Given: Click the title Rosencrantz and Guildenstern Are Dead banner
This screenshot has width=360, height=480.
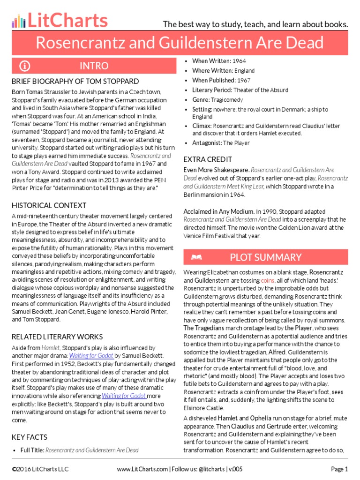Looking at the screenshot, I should click(x=180, y=43).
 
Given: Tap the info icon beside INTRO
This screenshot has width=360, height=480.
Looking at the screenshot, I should click(x=25, y=66).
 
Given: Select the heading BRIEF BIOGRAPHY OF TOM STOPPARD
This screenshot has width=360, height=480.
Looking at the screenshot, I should click(x=75, y=81).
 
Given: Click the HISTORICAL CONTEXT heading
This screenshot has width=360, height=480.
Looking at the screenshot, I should click(x=49, y=205).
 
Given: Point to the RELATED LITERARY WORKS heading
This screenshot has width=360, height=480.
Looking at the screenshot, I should click(x=57, y=337).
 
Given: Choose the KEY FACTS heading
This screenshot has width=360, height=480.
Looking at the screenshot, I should click(x=30, y=437).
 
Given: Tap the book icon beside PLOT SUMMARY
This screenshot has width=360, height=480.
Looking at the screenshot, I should click(x=196, y=257).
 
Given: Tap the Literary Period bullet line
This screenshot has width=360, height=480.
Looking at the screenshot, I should click(x=240, y=90).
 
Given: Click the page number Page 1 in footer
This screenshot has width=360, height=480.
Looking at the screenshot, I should click(x=339, y=469).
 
